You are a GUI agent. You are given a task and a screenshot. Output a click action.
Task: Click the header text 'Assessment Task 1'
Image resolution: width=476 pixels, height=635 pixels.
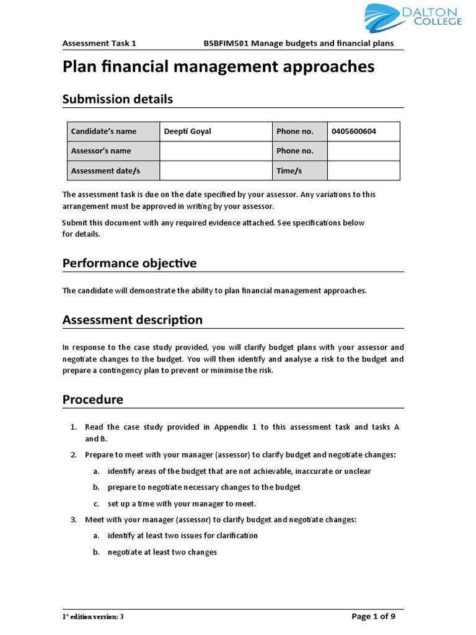[99, 43]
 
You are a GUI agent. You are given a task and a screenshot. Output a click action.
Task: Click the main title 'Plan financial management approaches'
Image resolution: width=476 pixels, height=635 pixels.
[218, 67]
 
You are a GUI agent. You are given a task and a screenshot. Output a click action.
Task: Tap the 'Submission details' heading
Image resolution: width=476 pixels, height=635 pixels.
[118, 99]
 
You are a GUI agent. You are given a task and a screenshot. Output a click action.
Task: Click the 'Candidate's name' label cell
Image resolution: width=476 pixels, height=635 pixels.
[113, 131]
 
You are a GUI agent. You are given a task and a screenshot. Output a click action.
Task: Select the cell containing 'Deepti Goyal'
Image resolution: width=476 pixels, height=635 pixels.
[215, 131]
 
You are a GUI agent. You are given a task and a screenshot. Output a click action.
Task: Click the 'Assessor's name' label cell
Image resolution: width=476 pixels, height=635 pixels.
[113, 151]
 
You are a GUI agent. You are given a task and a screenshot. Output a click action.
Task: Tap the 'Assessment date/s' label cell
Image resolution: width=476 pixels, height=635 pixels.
[113, 171]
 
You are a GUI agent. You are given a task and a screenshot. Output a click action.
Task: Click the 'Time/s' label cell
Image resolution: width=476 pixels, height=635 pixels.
[299, 171]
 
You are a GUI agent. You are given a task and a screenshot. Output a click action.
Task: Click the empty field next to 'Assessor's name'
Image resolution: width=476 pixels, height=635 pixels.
[215, 151]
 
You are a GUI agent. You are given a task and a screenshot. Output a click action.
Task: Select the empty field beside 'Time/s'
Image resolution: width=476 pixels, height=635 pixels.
[363, 171]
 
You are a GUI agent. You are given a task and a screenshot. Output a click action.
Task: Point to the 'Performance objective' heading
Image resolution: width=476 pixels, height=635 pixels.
[130, 264]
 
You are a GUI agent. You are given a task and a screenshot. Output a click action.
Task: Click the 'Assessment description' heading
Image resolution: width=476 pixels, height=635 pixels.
[133, 320]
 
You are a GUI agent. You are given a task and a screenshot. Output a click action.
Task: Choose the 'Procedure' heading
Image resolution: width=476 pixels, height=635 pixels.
[93, 399]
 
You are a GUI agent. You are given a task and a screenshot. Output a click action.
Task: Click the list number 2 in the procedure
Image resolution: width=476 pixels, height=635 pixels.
[73, 455]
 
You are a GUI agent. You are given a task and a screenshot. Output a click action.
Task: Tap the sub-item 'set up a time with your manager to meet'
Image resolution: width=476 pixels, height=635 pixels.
[182, 503]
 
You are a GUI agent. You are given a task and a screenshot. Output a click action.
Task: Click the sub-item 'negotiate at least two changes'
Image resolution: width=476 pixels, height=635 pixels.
[162, 551]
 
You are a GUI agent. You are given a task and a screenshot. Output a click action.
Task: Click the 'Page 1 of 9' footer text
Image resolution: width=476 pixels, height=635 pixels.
[373, 616]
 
